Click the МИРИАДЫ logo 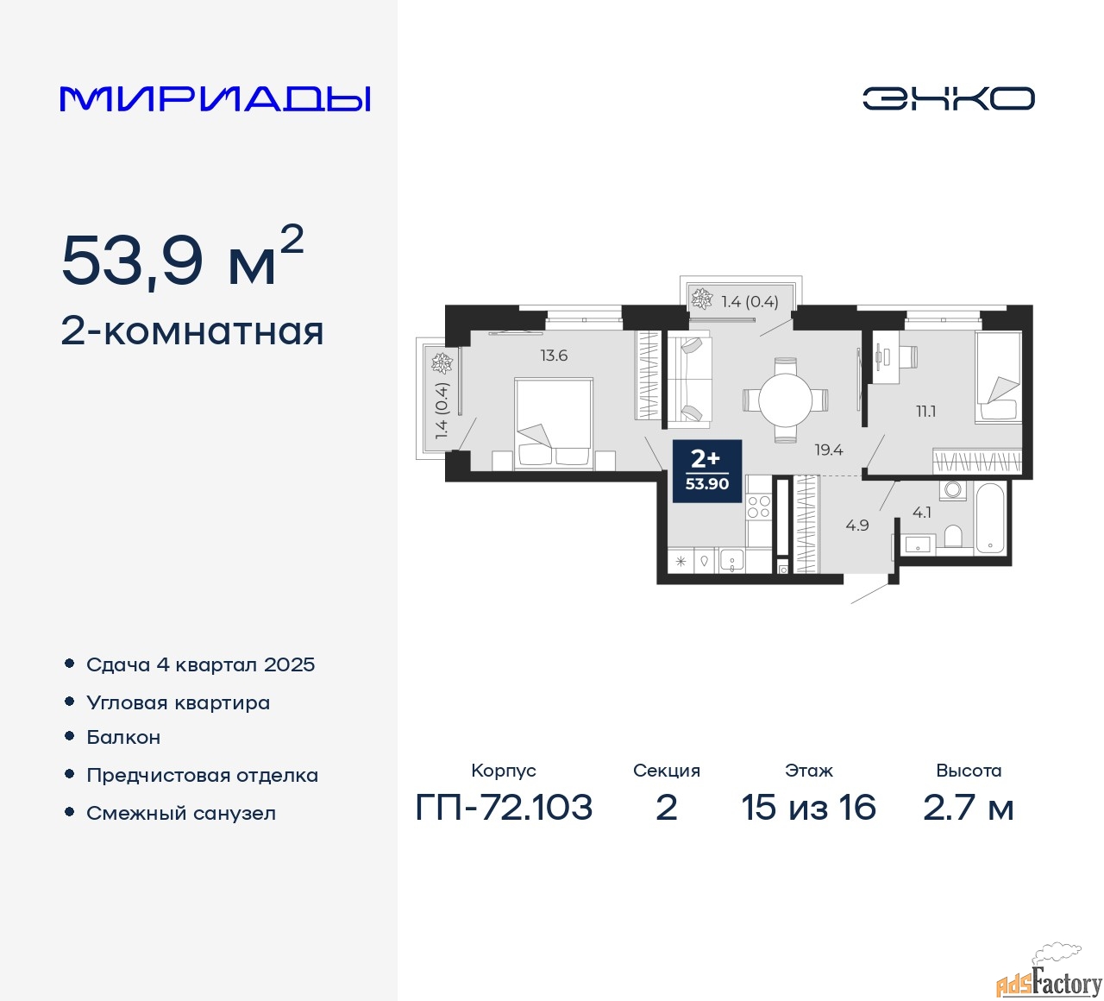point(215,99)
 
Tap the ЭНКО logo point(948,98)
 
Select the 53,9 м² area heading point(182,258)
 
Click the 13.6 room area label point(554,356)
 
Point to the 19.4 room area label point(829,450)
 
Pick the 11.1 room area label point(925,412)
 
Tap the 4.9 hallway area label point(856,525)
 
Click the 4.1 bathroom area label point(922,512)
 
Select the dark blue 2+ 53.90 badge point(707,471)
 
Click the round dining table point(786,399)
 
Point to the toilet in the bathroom point(953,536)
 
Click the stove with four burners point(758,506)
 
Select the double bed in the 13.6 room point(554,424)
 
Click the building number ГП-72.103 point(504,807)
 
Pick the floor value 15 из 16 point(808,807)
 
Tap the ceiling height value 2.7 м point(968,807)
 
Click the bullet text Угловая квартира point(178,703)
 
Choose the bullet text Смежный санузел point(181,813)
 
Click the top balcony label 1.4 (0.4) point(750,301)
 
